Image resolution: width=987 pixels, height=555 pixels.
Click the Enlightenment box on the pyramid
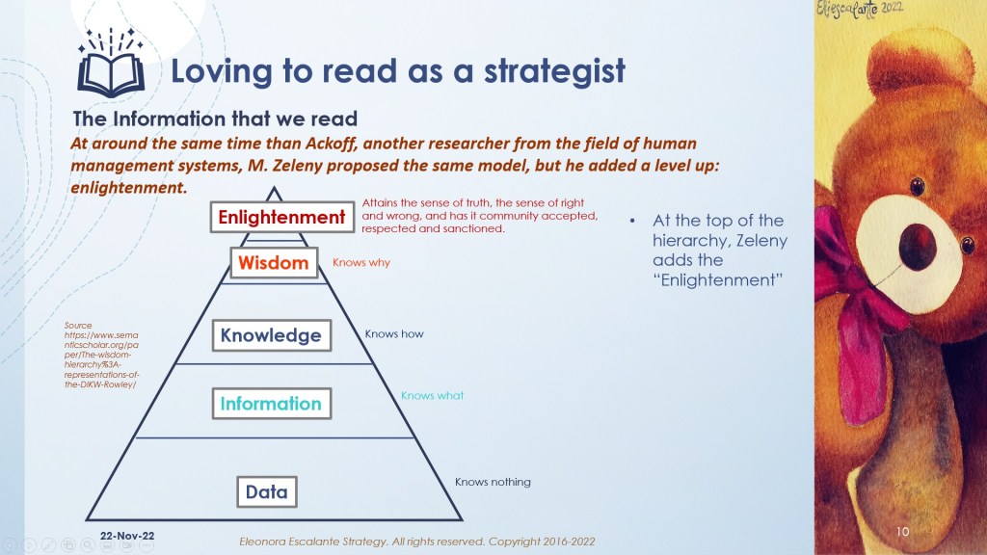pyautogui.click(x=281, y=217)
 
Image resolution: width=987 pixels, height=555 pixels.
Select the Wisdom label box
pyautogui.click(x=274, y=262)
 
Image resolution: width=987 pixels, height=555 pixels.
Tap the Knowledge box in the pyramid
pyautogui.click(x=271, y=335)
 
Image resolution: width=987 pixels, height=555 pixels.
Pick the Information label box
pyautogui.click(x=271, y=404)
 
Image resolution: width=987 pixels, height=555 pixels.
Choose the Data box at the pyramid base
pyautogui.click(x=267, y=491)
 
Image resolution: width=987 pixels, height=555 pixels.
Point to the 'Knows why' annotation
pyautogui.click(x=361, y=262)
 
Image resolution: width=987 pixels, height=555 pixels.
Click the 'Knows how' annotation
pyautogui.click(x=394, y=334)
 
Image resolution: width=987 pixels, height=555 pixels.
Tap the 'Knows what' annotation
pyautogui.click(x=433, y=396)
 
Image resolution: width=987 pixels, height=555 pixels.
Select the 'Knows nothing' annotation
pyautogui.click(x=493, y=482)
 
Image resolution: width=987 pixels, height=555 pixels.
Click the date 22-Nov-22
pyautogui.click(x=127, y=536)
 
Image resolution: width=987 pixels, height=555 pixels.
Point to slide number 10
pyautogui.click(x=902, y=532)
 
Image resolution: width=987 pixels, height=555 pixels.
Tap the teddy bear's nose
pyautogui.click(x=918, y=246)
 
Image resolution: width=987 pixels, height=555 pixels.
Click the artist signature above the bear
pyautogui.click(x=859, y=10)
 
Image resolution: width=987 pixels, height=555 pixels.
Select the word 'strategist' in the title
pyautogui.click(x=554, y=70)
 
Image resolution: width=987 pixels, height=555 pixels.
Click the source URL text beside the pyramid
pyautogui.click(x=101, y=355)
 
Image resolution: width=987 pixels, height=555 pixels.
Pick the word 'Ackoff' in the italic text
pyautogui.click(x=332, y=144)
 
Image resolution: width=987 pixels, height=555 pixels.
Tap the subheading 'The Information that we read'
pyautogui.click(x=215, y=119)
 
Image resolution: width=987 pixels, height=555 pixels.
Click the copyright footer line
pyautogui.click(x=416, y=542)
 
